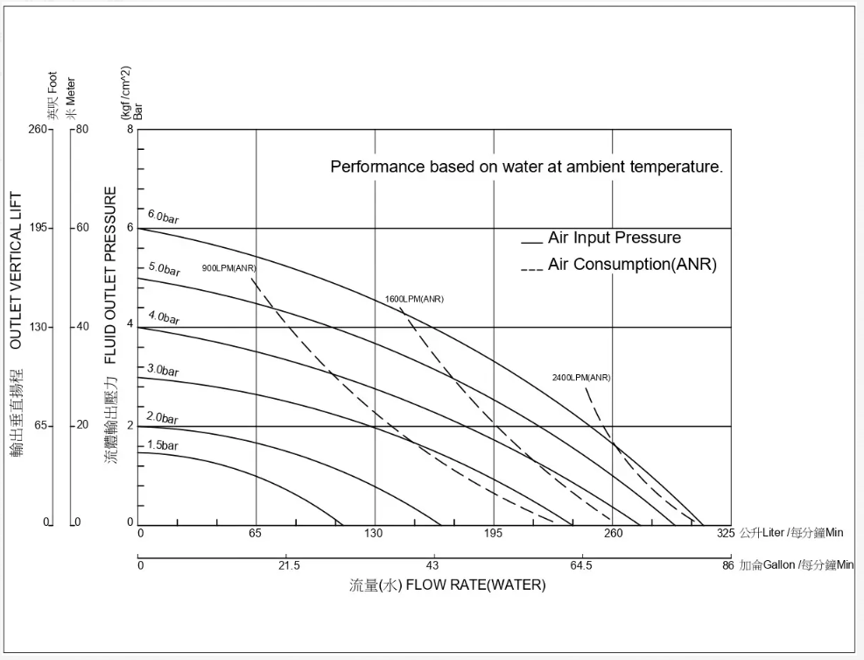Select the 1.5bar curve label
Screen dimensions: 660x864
(x=162, y=445)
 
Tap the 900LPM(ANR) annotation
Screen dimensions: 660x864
(x=229, y=268)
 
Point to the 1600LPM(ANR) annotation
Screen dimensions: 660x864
(x=414, y=299)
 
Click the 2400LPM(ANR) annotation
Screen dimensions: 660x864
(x=581, y=378)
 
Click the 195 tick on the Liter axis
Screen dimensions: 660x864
(x=494, y=533)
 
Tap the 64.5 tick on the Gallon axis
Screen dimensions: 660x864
(x=581, y=565)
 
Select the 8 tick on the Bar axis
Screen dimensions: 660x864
(x=130, y=130)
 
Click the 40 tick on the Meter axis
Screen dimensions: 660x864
(x=83, y=327)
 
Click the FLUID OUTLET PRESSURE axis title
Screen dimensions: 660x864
(x=111, y=274)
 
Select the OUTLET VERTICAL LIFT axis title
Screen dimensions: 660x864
(x=16, y=271)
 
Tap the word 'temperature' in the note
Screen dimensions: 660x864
(x=677, y=167)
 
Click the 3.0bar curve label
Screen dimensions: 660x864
(x=163, y=371)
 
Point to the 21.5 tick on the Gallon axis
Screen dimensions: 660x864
(x=289, y=565)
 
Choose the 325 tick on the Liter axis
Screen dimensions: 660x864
(x=725, y=533)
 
